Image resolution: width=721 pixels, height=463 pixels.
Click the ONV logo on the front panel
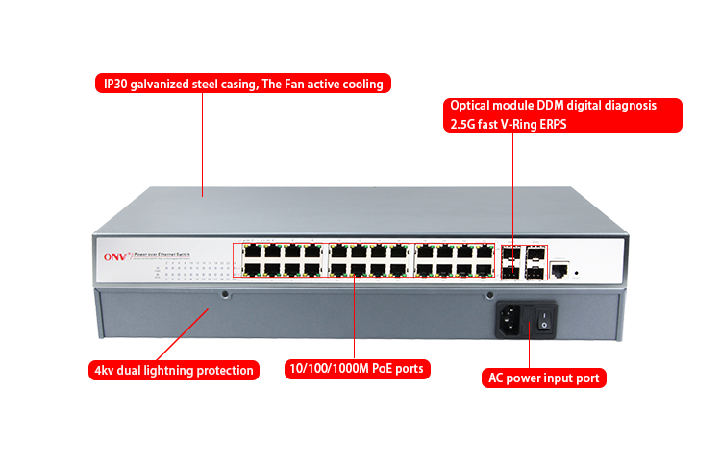[x=114, y=256]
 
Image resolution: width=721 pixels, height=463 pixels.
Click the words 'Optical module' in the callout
[x=491, y=106]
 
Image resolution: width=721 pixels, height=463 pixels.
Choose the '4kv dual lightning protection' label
[x=174, y=370]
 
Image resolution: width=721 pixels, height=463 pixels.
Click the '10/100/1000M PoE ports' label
[x=355, y=369]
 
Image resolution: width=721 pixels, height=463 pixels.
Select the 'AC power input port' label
[x=543, y=378]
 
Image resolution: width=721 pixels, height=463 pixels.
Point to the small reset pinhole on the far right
[x=577, y=274]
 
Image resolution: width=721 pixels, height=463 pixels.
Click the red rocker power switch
[x=545, y=319]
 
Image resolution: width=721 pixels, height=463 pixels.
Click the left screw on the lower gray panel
[x=225, y=294]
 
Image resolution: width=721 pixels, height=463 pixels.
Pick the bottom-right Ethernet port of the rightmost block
[x=485, y=270]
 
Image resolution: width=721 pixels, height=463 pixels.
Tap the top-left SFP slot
[x=509, y=254]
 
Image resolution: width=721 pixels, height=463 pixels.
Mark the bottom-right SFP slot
[x=535, y=271]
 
